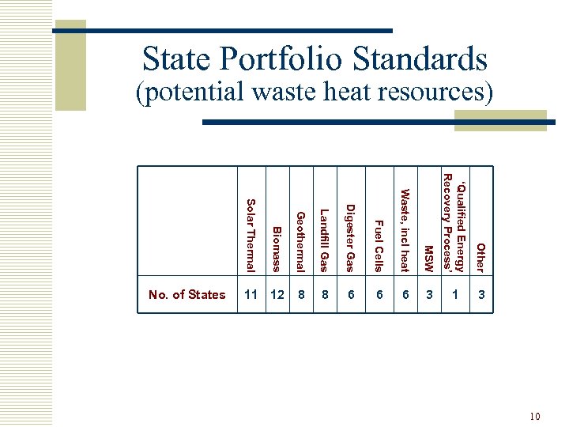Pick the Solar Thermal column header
tap(251, 234)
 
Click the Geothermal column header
tap(300, 241)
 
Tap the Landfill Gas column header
tap(324, 240)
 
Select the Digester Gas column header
tap(350, 237)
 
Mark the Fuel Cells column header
tap(378, 246)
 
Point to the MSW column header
tap(428, 258)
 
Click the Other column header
tap(480, 258)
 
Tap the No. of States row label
tap(187, 295)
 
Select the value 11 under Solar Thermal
tap(251, 295)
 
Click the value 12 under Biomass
tap(277, 295)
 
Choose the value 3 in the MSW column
tap(429, 295)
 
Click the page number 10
tap(535, 416)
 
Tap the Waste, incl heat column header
tap(405, 229)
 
